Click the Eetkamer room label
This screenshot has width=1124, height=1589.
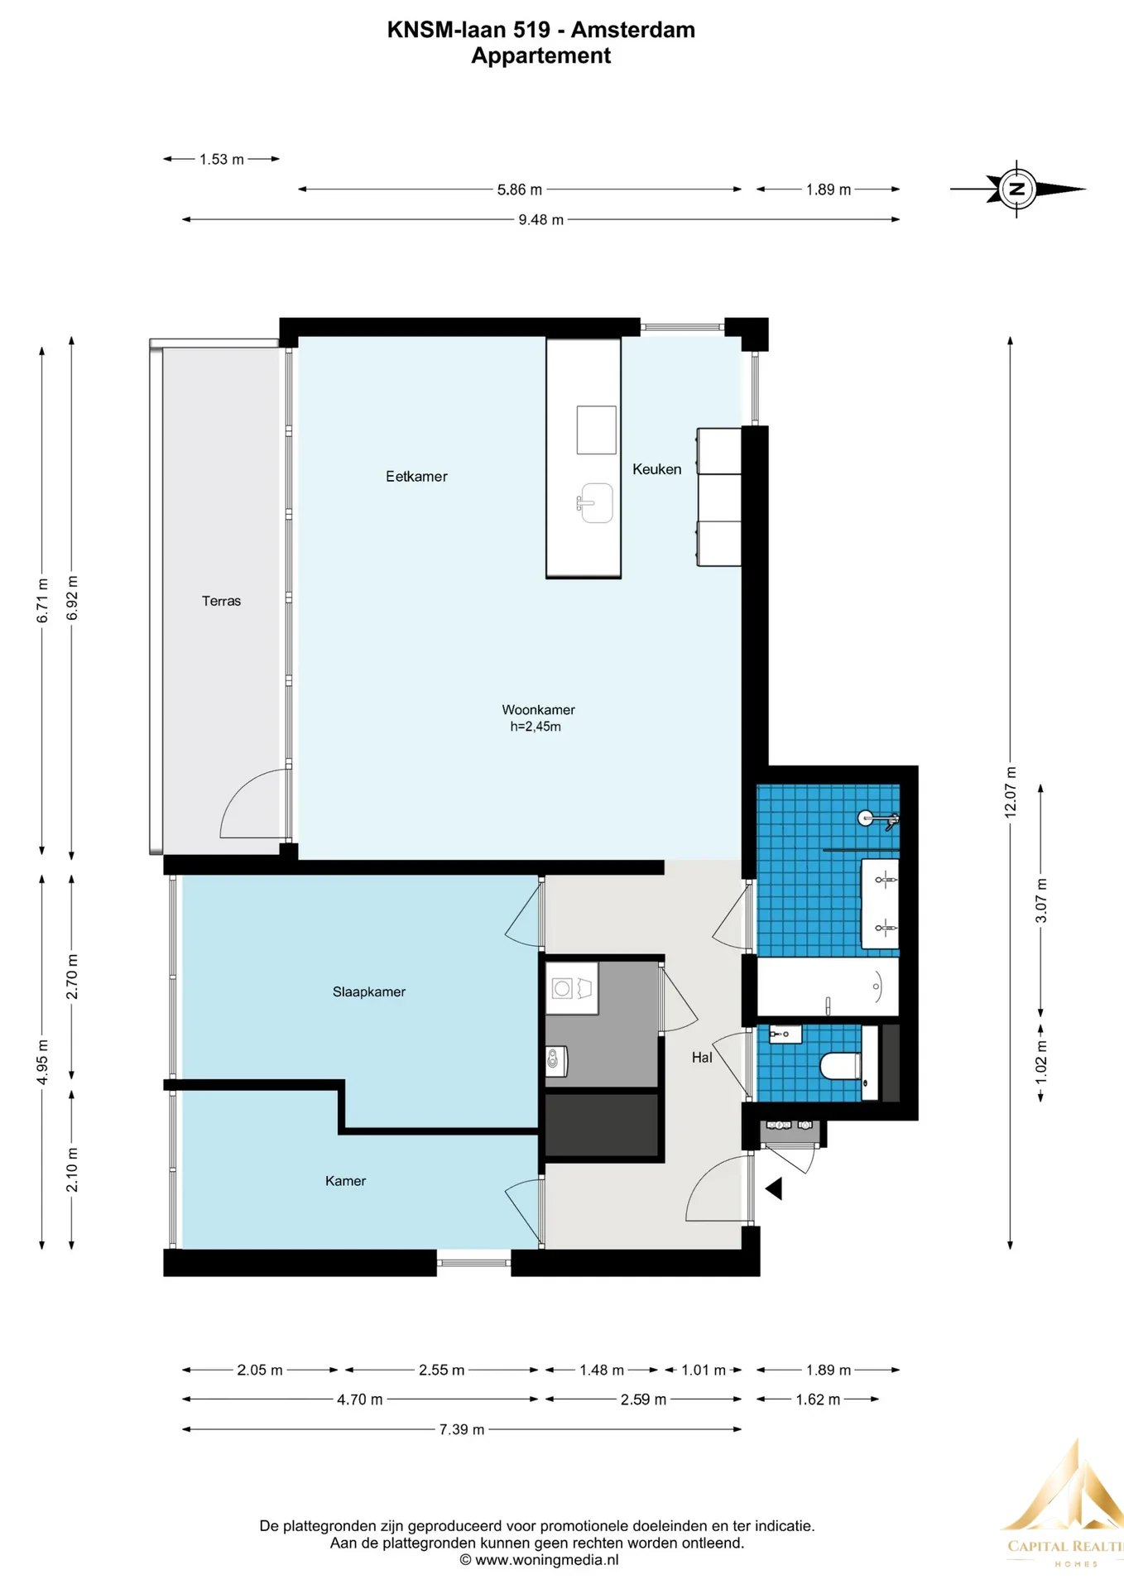coord(416,477)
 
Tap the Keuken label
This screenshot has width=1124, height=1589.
coord(657,469)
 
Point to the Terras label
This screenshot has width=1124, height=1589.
coord(221,601)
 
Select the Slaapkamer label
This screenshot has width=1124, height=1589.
coord(369,991)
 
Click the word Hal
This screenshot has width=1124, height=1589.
coord(702,1057)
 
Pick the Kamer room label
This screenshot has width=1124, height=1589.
coord(345,1181)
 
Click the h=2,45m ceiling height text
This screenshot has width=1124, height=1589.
coord(536,727)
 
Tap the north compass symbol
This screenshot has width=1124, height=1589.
coord(1017,189)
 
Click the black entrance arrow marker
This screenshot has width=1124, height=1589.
coord(774,1188)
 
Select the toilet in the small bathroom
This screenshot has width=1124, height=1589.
coord(841,1065)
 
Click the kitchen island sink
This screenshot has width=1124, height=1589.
coord(595,503)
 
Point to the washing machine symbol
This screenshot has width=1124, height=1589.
coord(563,988)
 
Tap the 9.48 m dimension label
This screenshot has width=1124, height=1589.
coord(541,220)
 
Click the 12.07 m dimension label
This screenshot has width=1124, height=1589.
coord(1011,793)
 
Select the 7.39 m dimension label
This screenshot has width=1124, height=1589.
coord(462,1429)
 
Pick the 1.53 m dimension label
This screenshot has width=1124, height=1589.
coord(222,159)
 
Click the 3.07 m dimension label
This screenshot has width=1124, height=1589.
coord(1041,900)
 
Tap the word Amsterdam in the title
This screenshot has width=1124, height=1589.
coord(633,30)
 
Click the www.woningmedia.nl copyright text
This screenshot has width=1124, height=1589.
coord(539,1560)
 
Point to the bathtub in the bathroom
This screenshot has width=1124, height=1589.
coord(828,987)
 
